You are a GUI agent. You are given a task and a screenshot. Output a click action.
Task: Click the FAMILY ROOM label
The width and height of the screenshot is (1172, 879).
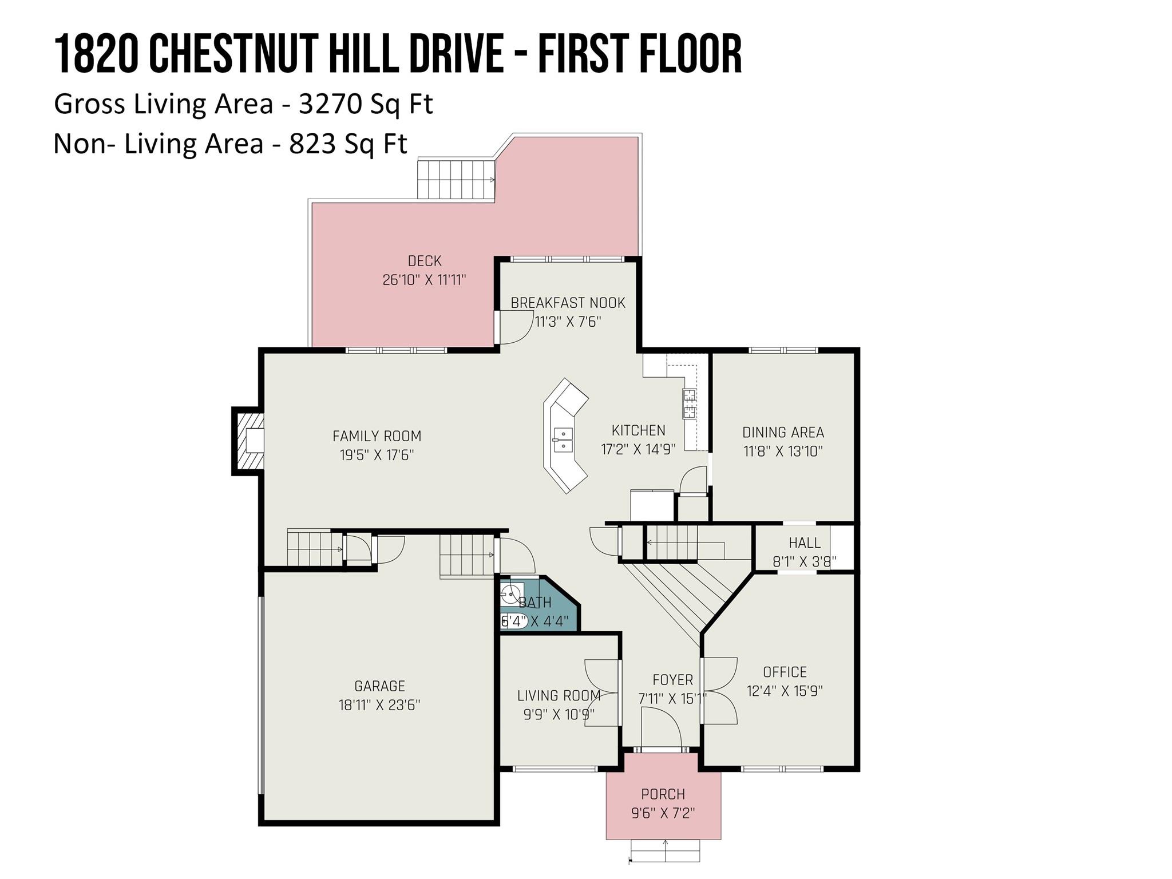[377, 436]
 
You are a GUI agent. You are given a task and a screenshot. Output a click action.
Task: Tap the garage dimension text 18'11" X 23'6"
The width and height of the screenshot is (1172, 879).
[379, 705]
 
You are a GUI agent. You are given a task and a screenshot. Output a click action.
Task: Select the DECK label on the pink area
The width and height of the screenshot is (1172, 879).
[425, 261]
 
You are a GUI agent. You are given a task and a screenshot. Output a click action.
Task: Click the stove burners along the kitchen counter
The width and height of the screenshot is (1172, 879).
[689, 403]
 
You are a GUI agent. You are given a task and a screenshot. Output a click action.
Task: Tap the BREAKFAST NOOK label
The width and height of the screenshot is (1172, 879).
[568, 303]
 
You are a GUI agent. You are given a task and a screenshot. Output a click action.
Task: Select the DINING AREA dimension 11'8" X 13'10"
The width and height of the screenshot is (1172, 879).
[783, 452]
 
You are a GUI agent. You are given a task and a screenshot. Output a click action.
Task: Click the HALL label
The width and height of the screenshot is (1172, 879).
[805, 543]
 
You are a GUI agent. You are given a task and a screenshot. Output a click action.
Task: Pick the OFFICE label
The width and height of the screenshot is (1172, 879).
[785, 672]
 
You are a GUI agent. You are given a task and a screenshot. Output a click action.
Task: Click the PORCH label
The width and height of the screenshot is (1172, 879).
[663, 794]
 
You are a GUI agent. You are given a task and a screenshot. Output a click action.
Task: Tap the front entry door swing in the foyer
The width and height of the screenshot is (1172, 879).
[660, 728]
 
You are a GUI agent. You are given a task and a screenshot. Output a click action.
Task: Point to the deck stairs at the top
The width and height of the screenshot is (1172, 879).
[456, 180]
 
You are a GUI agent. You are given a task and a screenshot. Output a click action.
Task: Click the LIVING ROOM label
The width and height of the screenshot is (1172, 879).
[559, 695]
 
